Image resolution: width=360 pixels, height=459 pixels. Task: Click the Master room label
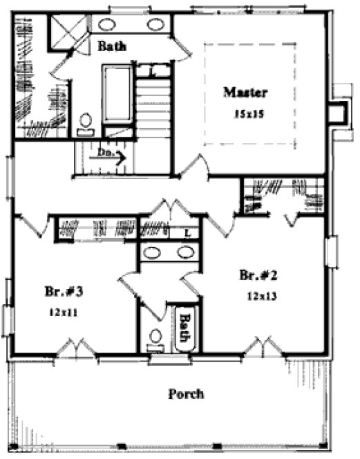245,92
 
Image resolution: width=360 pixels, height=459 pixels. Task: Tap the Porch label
186,395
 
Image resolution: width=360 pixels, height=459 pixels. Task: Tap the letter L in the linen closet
188,233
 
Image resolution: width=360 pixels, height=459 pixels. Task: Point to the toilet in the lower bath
157,338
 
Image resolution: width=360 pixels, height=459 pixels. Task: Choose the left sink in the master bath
107,25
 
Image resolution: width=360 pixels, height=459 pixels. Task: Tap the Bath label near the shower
111,47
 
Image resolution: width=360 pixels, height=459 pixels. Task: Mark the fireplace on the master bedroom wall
337,112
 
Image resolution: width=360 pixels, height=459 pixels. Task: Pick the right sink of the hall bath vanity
184,252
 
